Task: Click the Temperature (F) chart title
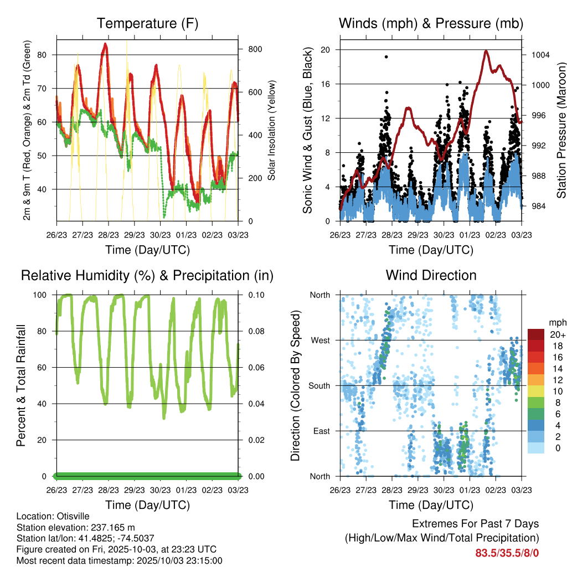coord(147,23)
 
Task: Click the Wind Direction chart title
coord(431,275)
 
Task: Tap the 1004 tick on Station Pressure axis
coord(539,55)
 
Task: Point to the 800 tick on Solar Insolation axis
coord(255,49)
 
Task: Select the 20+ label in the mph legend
coord(558,334)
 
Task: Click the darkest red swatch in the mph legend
coord(535,334)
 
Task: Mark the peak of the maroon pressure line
coord(486,51)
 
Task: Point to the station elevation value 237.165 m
coord(111,527)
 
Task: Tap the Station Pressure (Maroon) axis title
coord(560,130)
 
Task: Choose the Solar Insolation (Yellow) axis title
coord(272,130)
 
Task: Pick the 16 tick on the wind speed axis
coord(326,84)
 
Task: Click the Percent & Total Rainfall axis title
coord(21,385)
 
